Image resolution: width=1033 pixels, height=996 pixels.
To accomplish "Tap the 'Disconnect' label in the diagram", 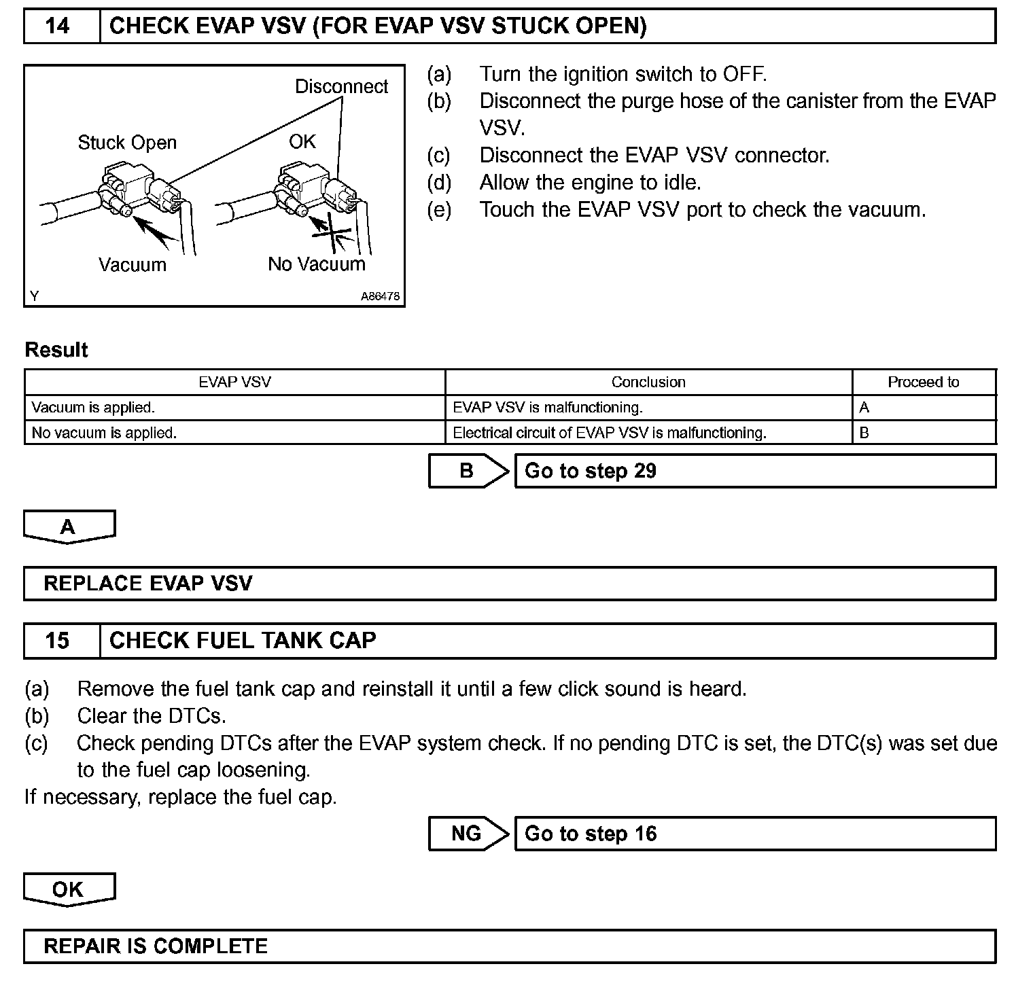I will (x=341, y=87).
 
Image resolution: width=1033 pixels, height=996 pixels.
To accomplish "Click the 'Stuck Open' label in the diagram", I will (x=127, y=143).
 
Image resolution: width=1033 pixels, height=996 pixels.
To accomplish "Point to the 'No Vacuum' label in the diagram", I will (x=316, y=264).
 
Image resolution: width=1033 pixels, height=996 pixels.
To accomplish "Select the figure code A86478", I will (x=380, y=296).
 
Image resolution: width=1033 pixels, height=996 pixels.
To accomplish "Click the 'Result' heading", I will (x=56, y=350).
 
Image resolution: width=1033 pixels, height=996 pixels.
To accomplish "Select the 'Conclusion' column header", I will (x=648, y=382).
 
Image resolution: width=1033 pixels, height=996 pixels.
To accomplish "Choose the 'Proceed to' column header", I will (x=923, y=382).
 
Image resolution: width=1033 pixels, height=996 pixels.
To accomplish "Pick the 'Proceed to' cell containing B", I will (x=923, y=433).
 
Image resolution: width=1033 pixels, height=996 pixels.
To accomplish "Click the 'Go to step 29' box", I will (x=754, y=471).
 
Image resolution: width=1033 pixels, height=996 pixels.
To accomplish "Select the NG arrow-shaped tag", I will (x=468, y=834).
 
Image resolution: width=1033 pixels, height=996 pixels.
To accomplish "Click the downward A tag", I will (x=69, y=527).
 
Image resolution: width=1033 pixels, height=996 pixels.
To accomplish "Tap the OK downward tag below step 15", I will (x=69, y=889).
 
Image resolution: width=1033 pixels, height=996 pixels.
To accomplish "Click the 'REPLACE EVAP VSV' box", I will (x=510, y=584).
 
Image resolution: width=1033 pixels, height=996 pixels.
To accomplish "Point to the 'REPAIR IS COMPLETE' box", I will (x=510, y=946).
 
